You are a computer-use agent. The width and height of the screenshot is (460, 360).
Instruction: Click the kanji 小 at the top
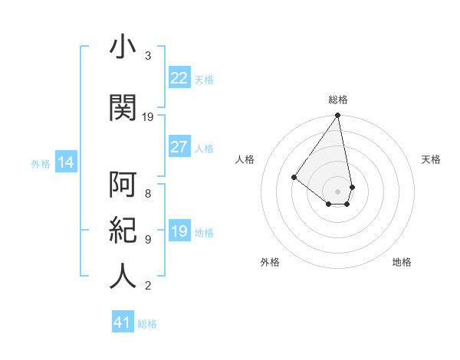pyautogui.click(x=123, y=48)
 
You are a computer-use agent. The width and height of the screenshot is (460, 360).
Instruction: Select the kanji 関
pyautogui.click(x=123, y=107)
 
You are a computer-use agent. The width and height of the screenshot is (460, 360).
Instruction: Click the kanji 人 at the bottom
pyautogui.click(x=123, y=277)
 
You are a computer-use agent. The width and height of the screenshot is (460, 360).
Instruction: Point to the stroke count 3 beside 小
pyautogui.click(x=148, y=56)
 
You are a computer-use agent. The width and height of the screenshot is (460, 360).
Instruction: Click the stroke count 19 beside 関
pyautogui.click(x=149, y=117)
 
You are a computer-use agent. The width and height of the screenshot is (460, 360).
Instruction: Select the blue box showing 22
pyautogui.click(x=179, y=78)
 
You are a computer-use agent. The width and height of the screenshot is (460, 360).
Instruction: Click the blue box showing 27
pyautogui.click(x=179, y=147)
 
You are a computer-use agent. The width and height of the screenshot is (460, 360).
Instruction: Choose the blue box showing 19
pyautogui.click(x=179, y=231)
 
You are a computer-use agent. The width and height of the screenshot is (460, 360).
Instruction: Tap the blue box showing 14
pyautogui.click(x=65, y=162)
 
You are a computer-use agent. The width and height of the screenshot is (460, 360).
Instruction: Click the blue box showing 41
pyautogui.click(x=122, y=322)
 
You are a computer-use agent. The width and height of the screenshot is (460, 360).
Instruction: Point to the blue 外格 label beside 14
pyautogui.click(x=41, y=163)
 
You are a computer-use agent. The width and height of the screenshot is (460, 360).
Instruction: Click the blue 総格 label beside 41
pyautogui.click(x=147, y=324)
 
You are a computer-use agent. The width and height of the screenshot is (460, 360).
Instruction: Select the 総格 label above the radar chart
pyautogui.click(x=337, y=100)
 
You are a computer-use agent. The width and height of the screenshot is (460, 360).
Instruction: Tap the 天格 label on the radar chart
pyautogui.click(x=431, y=159)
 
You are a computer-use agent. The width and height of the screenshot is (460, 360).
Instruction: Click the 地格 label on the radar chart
pyautogui.click(x=402, y=262)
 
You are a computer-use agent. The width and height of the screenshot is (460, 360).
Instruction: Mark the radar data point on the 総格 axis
pyautogui.click(x=337, y=116)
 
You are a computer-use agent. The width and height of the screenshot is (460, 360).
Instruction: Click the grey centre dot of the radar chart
pyautogui.click(x=337, y=191)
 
